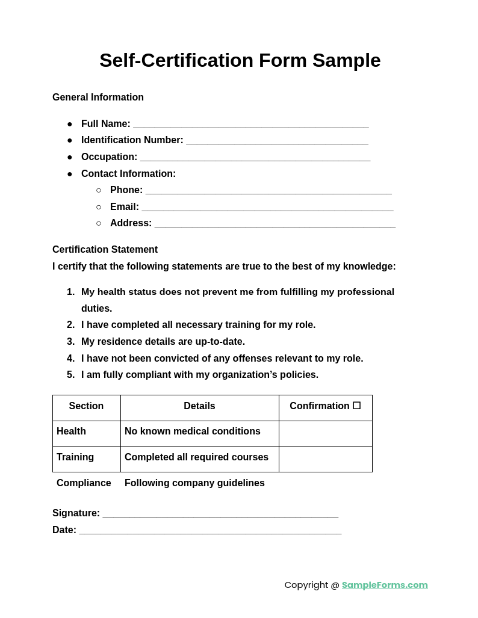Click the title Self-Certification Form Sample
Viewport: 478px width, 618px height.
click(x=240, y=60)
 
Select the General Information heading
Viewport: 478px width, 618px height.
click(x=98, y=97)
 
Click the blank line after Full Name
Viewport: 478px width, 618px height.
click(x=250, y=125)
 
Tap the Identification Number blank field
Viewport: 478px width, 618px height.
click(x=277, y=141)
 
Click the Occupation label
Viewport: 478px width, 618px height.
click(x=109, y=157)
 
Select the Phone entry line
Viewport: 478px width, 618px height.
click(x=268, y=191)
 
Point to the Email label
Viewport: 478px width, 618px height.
click(x=124, y=207)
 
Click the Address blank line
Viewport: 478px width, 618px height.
click(x=275, y=224)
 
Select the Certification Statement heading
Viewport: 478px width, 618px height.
click(x=105, y=250)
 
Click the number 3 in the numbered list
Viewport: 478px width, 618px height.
click(x=70, y=342)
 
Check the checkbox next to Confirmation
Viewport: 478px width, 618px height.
click(x=357, y=406)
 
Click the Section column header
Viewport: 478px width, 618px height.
click(x=86, y=406)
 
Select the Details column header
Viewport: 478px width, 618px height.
click(x=199, y=406)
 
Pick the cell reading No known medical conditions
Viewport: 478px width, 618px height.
click(x=193, y=431)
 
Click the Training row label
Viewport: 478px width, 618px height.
click(x=75, y=457)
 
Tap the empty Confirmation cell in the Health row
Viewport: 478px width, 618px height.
click(x=326, y=433)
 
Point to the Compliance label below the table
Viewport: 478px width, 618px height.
click(x=84, y=483)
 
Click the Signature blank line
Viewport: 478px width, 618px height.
click(x=220, y=514)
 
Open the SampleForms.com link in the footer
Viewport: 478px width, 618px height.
click(x=385, y=585)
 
